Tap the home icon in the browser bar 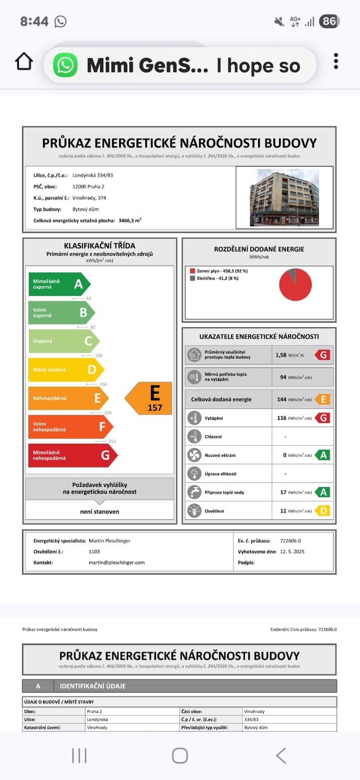pos(24,62)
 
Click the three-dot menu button pos(336,61)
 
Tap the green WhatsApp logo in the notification pos(65,65)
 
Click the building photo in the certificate pos(284,197)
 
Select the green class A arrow pos(59,284)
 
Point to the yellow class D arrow pos(65,370)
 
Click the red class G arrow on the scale pos(72,455)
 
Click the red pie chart pos(295,285)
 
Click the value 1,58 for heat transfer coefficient pos(281,355)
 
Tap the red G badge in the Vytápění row pos(323,418)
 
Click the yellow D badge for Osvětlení pos(323,511)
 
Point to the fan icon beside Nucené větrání pos(194,455)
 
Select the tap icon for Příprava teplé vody pos(194,492)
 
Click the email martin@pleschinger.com pos(117,563)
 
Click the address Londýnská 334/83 pos(93,175)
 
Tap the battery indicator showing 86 pos(329,21)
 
